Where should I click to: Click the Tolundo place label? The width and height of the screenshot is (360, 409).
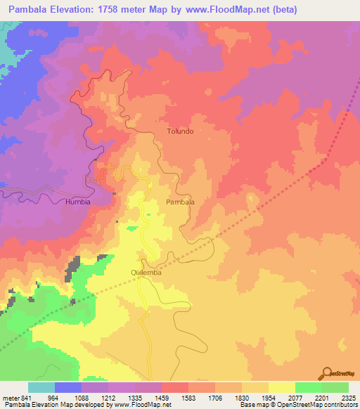180,131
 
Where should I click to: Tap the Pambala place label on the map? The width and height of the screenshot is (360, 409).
180,202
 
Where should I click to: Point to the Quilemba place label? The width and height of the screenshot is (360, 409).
146,272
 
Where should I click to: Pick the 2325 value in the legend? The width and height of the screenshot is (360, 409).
348,398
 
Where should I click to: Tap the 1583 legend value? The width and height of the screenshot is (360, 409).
188,398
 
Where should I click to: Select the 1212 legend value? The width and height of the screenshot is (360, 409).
108,398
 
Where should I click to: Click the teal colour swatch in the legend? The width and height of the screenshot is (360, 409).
41,387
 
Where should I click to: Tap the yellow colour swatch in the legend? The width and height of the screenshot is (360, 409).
281,387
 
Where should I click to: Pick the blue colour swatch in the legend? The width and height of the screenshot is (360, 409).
68,387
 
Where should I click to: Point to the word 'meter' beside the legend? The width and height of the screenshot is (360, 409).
11,398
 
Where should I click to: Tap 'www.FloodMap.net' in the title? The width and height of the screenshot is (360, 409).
229,10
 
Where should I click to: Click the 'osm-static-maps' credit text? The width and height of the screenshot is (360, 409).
335,405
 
